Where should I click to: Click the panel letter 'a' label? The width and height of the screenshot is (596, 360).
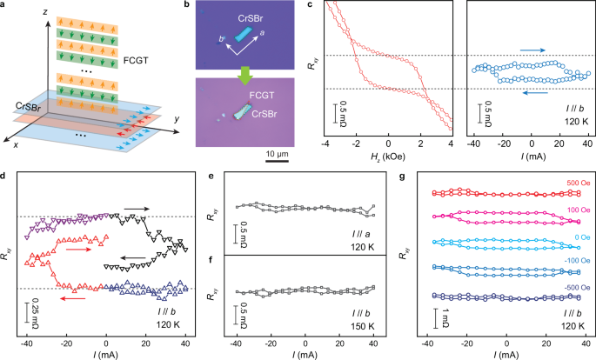[6, 6]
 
